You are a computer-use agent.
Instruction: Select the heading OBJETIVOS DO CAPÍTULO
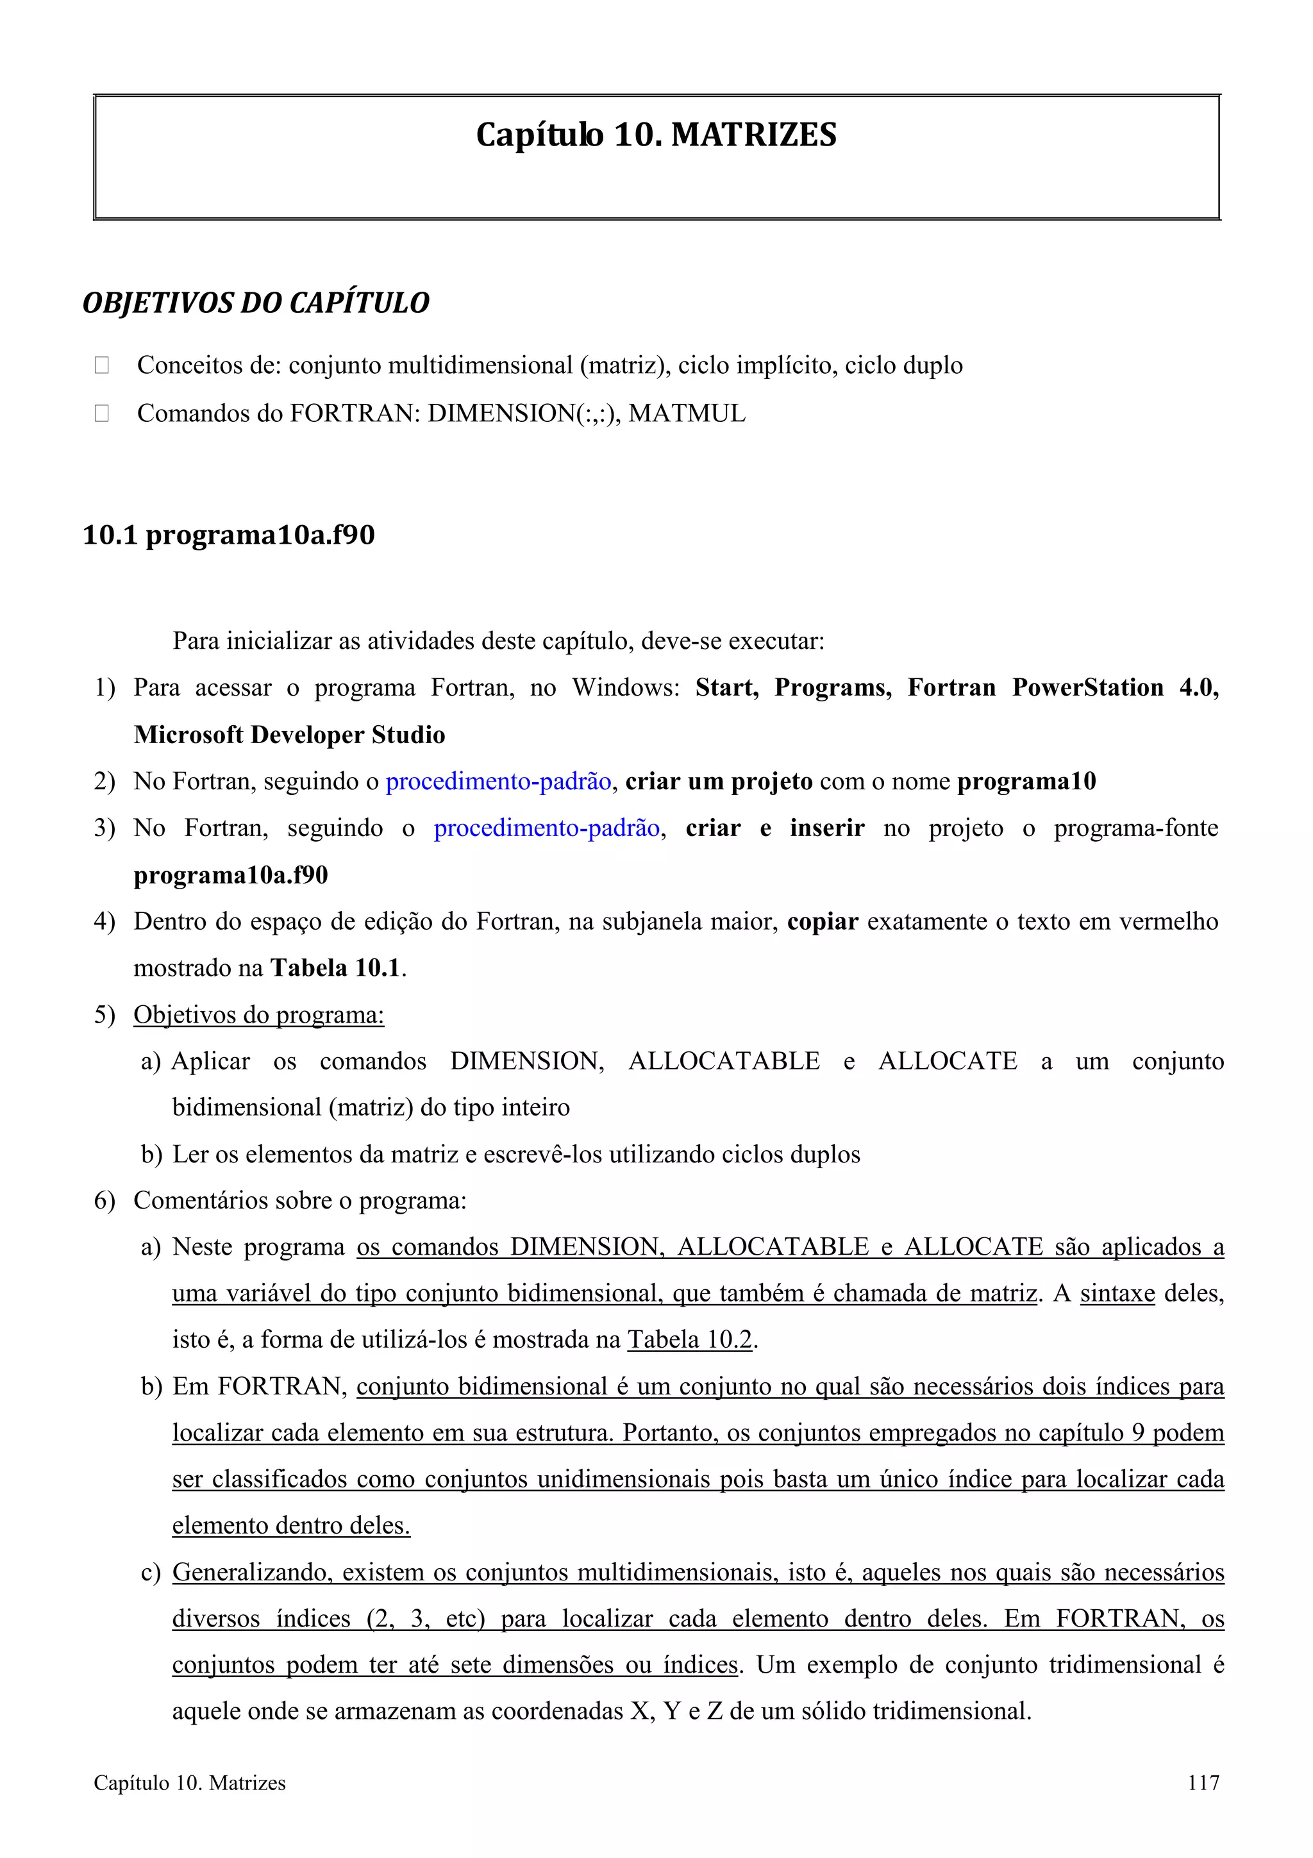pyautogui.click(x=256, y=303)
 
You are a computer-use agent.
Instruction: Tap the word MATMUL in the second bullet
pyautogui.click(x=687, y=414)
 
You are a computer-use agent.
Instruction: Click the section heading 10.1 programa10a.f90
pyautogui.click(x=229, y=535)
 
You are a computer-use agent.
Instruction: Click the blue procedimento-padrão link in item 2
pyautogui.click(x=498, y=782)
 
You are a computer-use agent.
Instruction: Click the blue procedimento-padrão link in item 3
pyautogui.click(x=547, y=828)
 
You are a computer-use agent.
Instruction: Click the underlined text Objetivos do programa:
pyautogui.click(x=258, y=1015)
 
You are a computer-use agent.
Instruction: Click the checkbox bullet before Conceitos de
pyautogui.click(x=102, y=366)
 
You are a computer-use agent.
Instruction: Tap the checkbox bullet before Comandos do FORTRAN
pyautogui.click(x=102, y=414)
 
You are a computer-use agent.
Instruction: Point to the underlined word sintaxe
pyautogui.click(x=1117, y=1293)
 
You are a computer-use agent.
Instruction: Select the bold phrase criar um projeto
pyautogui.click(x=719, y=782)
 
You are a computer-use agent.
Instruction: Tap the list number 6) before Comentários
pyautogui.click(x=105, y=1200)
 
